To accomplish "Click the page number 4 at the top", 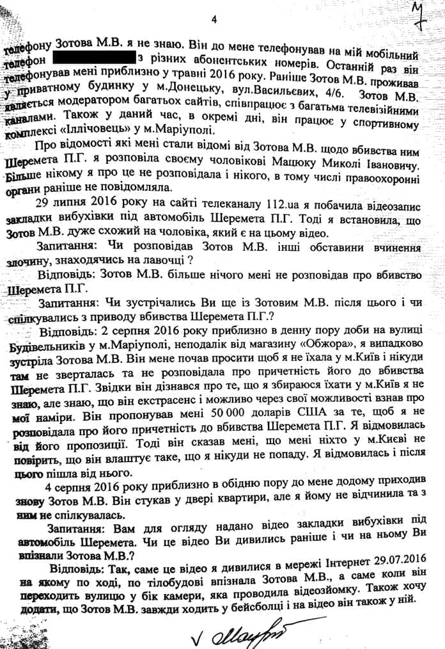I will coord(214,20).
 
